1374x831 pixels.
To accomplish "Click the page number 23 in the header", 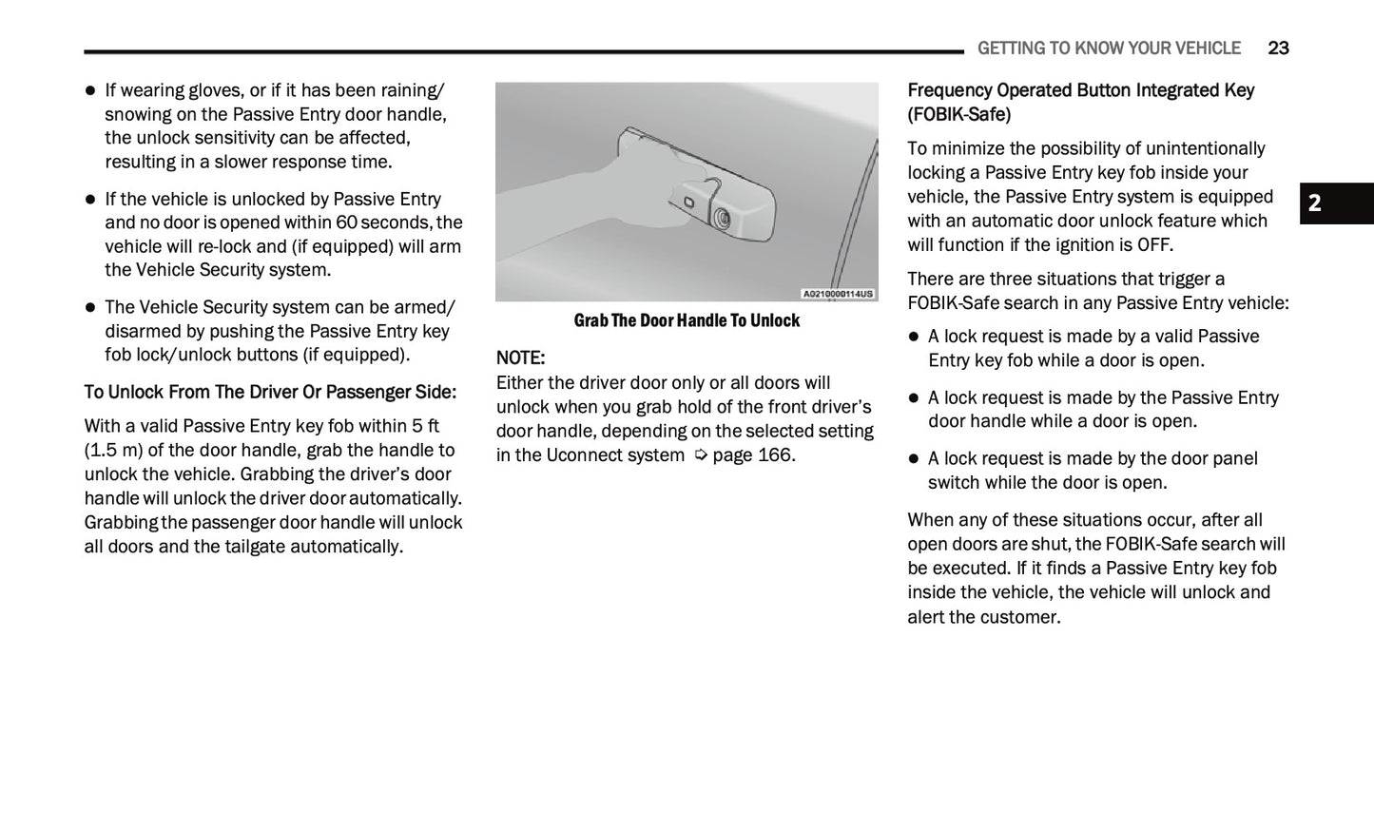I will pyautogui.click(x=1278, y=48).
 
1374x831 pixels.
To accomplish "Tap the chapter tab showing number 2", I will pyautogui.click(x=1315, y=203).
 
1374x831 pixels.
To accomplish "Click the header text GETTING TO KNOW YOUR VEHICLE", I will pyautogui.click(x=1109, y=48).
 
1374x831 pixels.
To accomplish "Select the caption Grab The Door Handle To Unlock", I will pyautogui.click(x=687, y=320).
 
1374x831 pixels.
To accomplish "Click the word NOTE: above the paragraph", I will pyautogui.click(x=520, y=358).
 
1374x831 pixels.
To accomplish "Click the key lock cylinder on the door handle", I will pyautogui.click(x=723, y=219).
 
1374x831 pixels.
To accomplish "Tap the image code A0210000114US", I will pyautogui.click(x=837, y=294).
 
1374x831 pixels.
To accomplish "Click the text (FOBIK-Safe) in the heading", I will pyautogui.click(x=958, y=115).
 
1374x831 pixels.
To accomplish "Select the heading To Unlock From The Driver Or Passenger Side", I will pyautogui.click(x=270, y=392).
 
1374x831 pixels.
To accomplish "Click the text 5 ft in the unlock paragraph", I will pyautogui.click(x=426, y=426).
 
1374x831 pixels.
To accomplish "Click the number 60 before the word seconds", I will pyautogui.click(x=346, y=222).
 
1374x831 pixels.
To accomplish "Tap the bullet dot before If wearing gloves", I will pyautogui.click(x=91, y=91).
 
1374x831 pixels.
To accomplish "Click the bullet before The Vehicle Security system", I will pyautogui.click(x=91, y=308).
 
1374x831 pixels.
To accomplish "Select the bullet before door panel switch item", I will pyautogui.click(x=914, y=459).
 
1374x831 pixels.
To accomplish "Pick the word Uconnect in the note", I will pyautogui.click(x=584, y=454).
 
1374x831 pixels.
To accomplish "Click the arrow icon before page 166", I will pyautogui.click(x=701, y=455).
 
